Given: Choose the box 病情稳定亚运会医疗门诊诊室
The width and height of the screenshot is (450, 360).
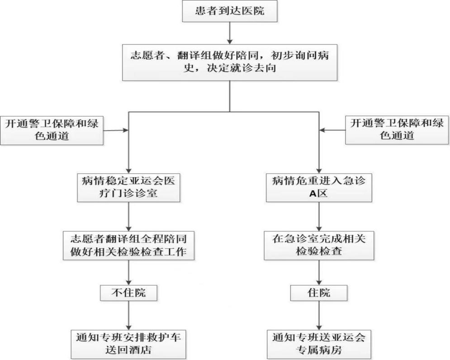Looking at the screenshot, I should click(x=129, y=188).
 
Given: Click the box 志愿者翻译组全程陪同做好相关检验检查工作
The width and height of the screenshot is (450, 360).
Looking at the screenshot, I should click(x=129, y=245).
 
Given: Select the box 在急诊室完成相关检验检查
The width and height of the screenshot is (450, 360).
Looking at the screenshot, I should click(x=320, y=245).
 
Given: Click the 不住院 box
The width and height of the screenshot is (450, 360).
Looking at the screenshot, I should click(x=129, y=293).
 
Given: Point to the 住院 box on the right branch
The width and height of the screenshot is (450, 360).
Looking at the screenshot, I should click(x=320, y=293).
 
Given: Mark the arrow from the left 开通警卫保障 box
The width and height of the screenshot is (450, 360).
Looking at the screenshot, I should click(x=117, y=131).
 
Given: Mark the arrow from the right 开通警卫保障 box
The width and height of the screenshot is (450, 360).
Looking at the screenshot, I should click(x=333, y=131).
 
